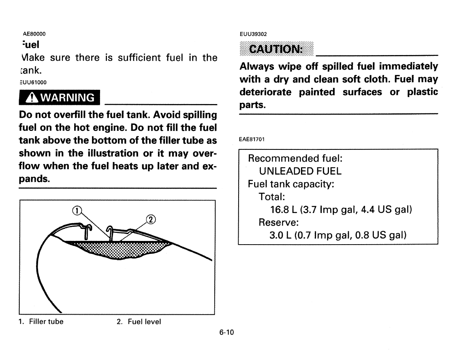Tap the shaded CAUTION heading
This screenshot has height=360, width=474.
[276, 49]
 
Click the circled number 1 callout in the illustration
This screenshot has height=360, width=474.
[77, 210]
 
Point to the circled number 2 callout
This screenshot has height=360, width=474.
[150, 220]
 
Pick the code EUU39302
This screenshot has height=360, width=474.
[254, 34]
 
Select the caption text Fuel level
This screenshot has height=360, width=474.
[144, 322]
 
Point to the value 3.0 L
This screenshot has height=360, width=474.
[283, 235]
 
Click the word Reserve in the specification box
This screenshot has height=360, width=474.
[278, 223]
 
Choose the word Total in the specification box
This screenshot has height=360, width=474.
[271, 197]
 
